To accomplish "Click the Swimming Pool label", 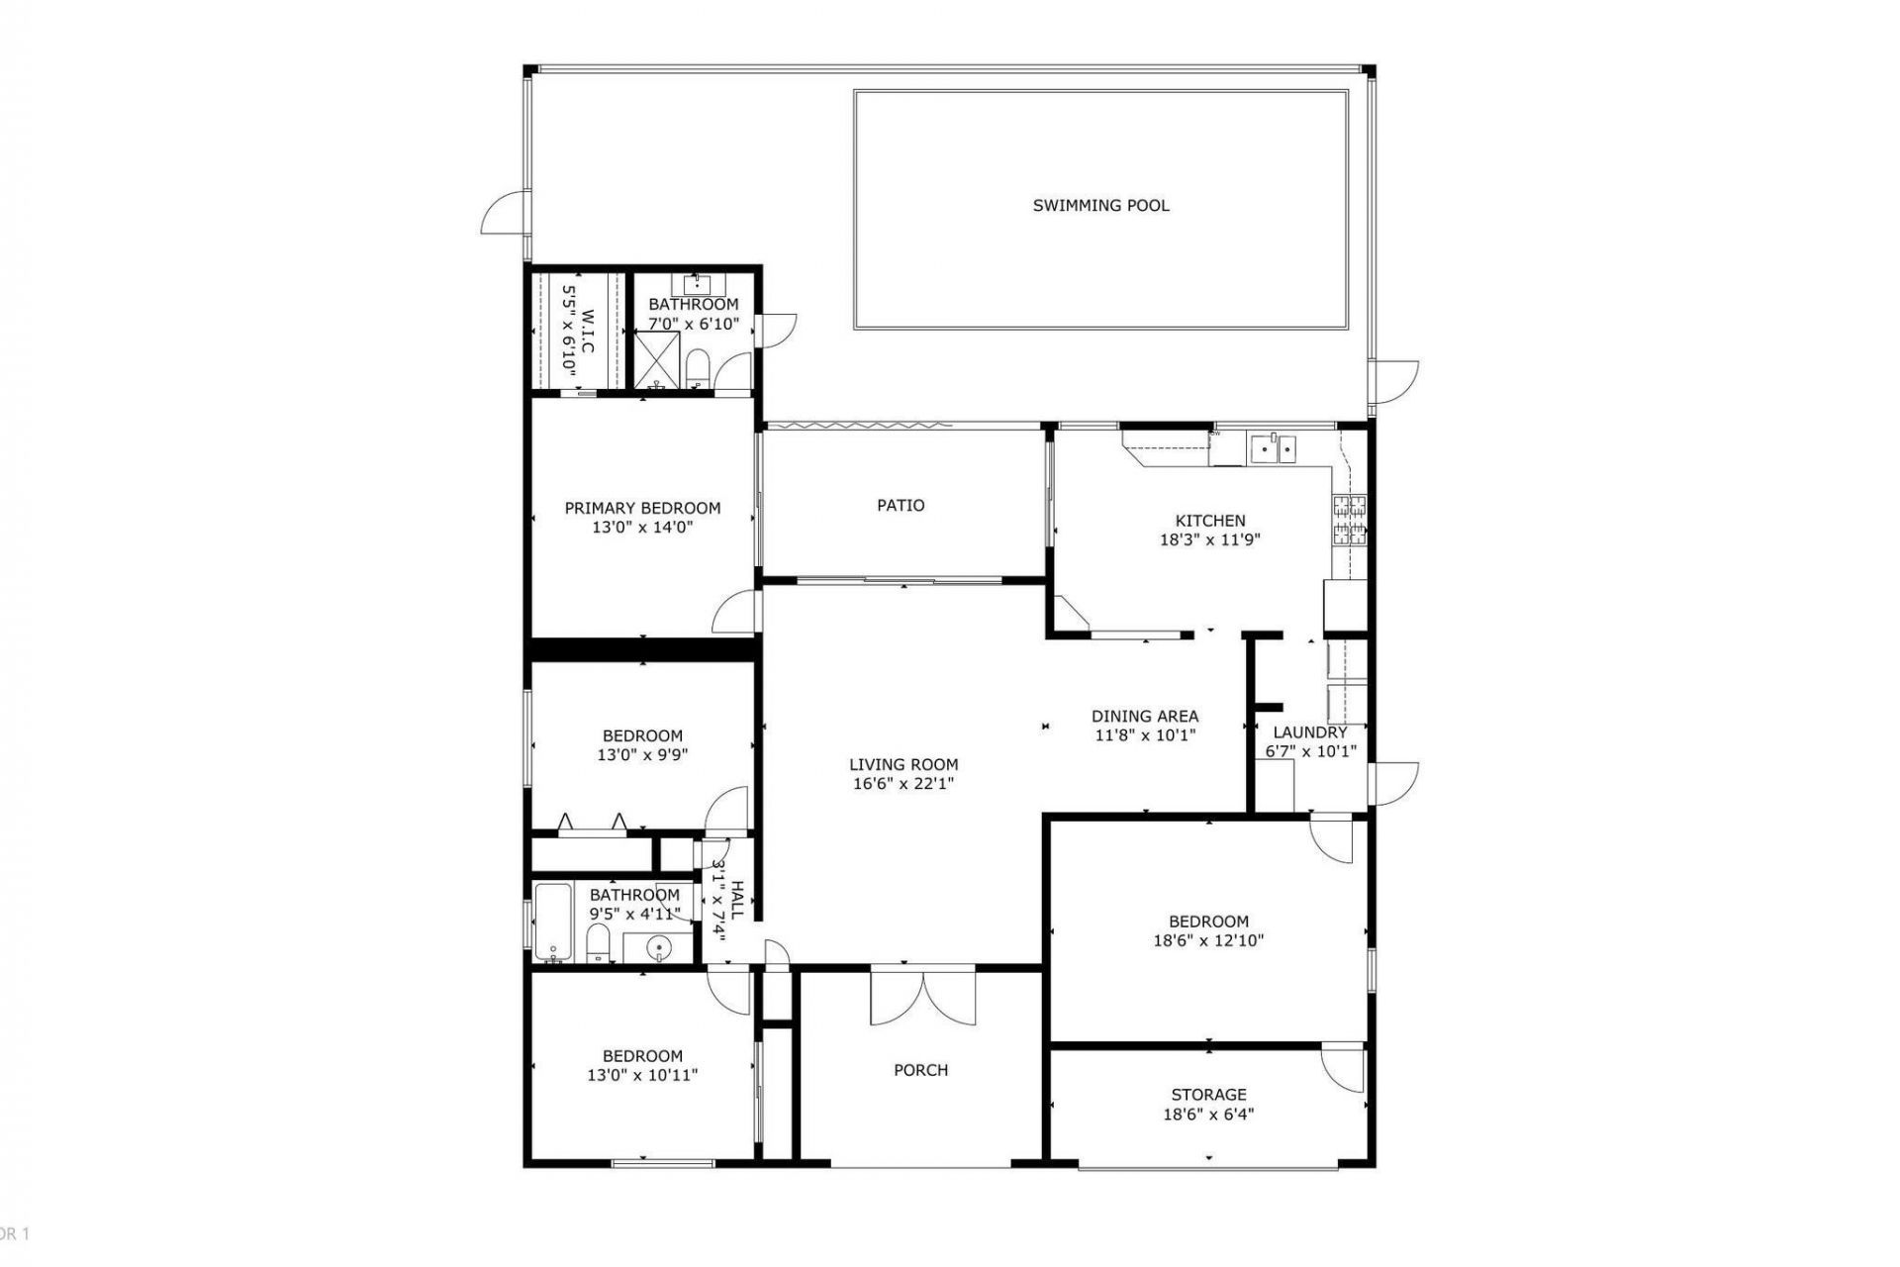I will pos(1100,206).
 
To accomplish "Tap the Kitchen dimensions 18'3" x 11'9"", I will pos(1209,540).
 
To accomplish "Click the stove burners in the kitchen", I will pos(1350,521).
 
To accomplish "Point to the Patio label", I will pos(901,506).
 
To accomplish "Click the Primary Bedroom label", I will pos(642,509).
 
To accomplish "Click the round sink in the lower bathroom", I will pos(659,949).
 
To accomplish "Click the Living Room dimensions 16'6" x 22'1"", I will pos(902,784).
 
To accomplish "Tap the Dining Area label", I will pos(1144,716).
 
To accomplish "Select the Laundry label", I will pos(1309,732).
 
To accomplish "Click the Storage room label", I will pos(1208,1095).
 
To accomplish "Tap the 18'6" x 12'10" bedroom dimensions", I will pos(1208,941).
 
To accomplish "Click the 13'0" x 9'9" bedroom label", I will pos(642,736).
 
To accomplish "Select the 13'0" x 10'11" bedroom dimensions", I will pos(642,1075).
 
